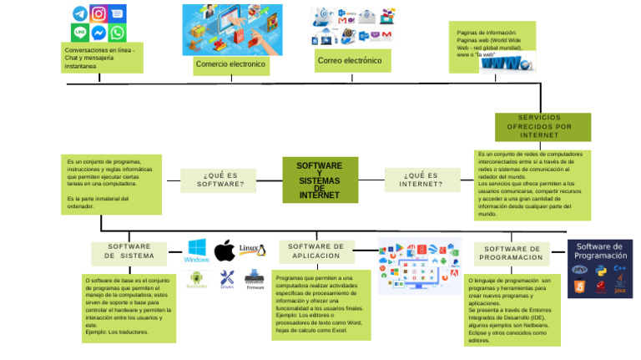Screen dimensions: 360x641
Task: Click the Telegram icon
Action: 80,13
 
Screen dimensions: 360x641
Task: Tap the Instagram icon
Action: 98,13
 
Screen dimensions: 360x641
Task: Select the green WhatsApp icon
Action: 117,33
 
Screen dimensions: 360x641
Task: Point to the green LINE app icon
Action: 80,33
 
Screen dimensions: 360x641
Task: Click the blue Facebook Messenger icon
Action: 98,33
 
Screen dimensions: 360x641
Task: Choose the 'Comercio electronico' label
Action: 230,64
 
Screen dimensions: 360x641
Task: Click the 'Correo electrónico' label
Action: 350,61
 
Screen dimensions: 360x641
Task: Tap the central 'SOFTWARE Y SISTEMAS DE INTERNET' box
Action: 320,180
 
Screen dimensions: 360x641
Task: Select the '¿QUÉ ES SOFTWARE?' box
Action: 220,180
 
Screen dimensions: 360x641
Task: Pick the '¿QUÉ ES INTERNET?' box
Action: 421,180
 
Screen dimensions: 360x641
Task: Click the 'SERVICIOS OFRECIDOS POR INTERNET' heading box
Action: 543,126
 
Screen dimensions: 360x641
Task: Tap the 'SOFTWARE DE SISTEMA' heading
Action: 129,251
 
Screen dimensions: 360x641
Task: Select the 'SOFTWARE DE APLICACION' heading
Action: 316,251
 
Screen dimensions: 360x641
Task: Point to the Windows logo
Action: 197,250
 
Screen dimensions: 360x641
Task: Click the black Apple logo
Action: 224,250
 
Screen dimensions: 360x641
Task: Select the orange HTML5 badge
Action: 578,287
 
